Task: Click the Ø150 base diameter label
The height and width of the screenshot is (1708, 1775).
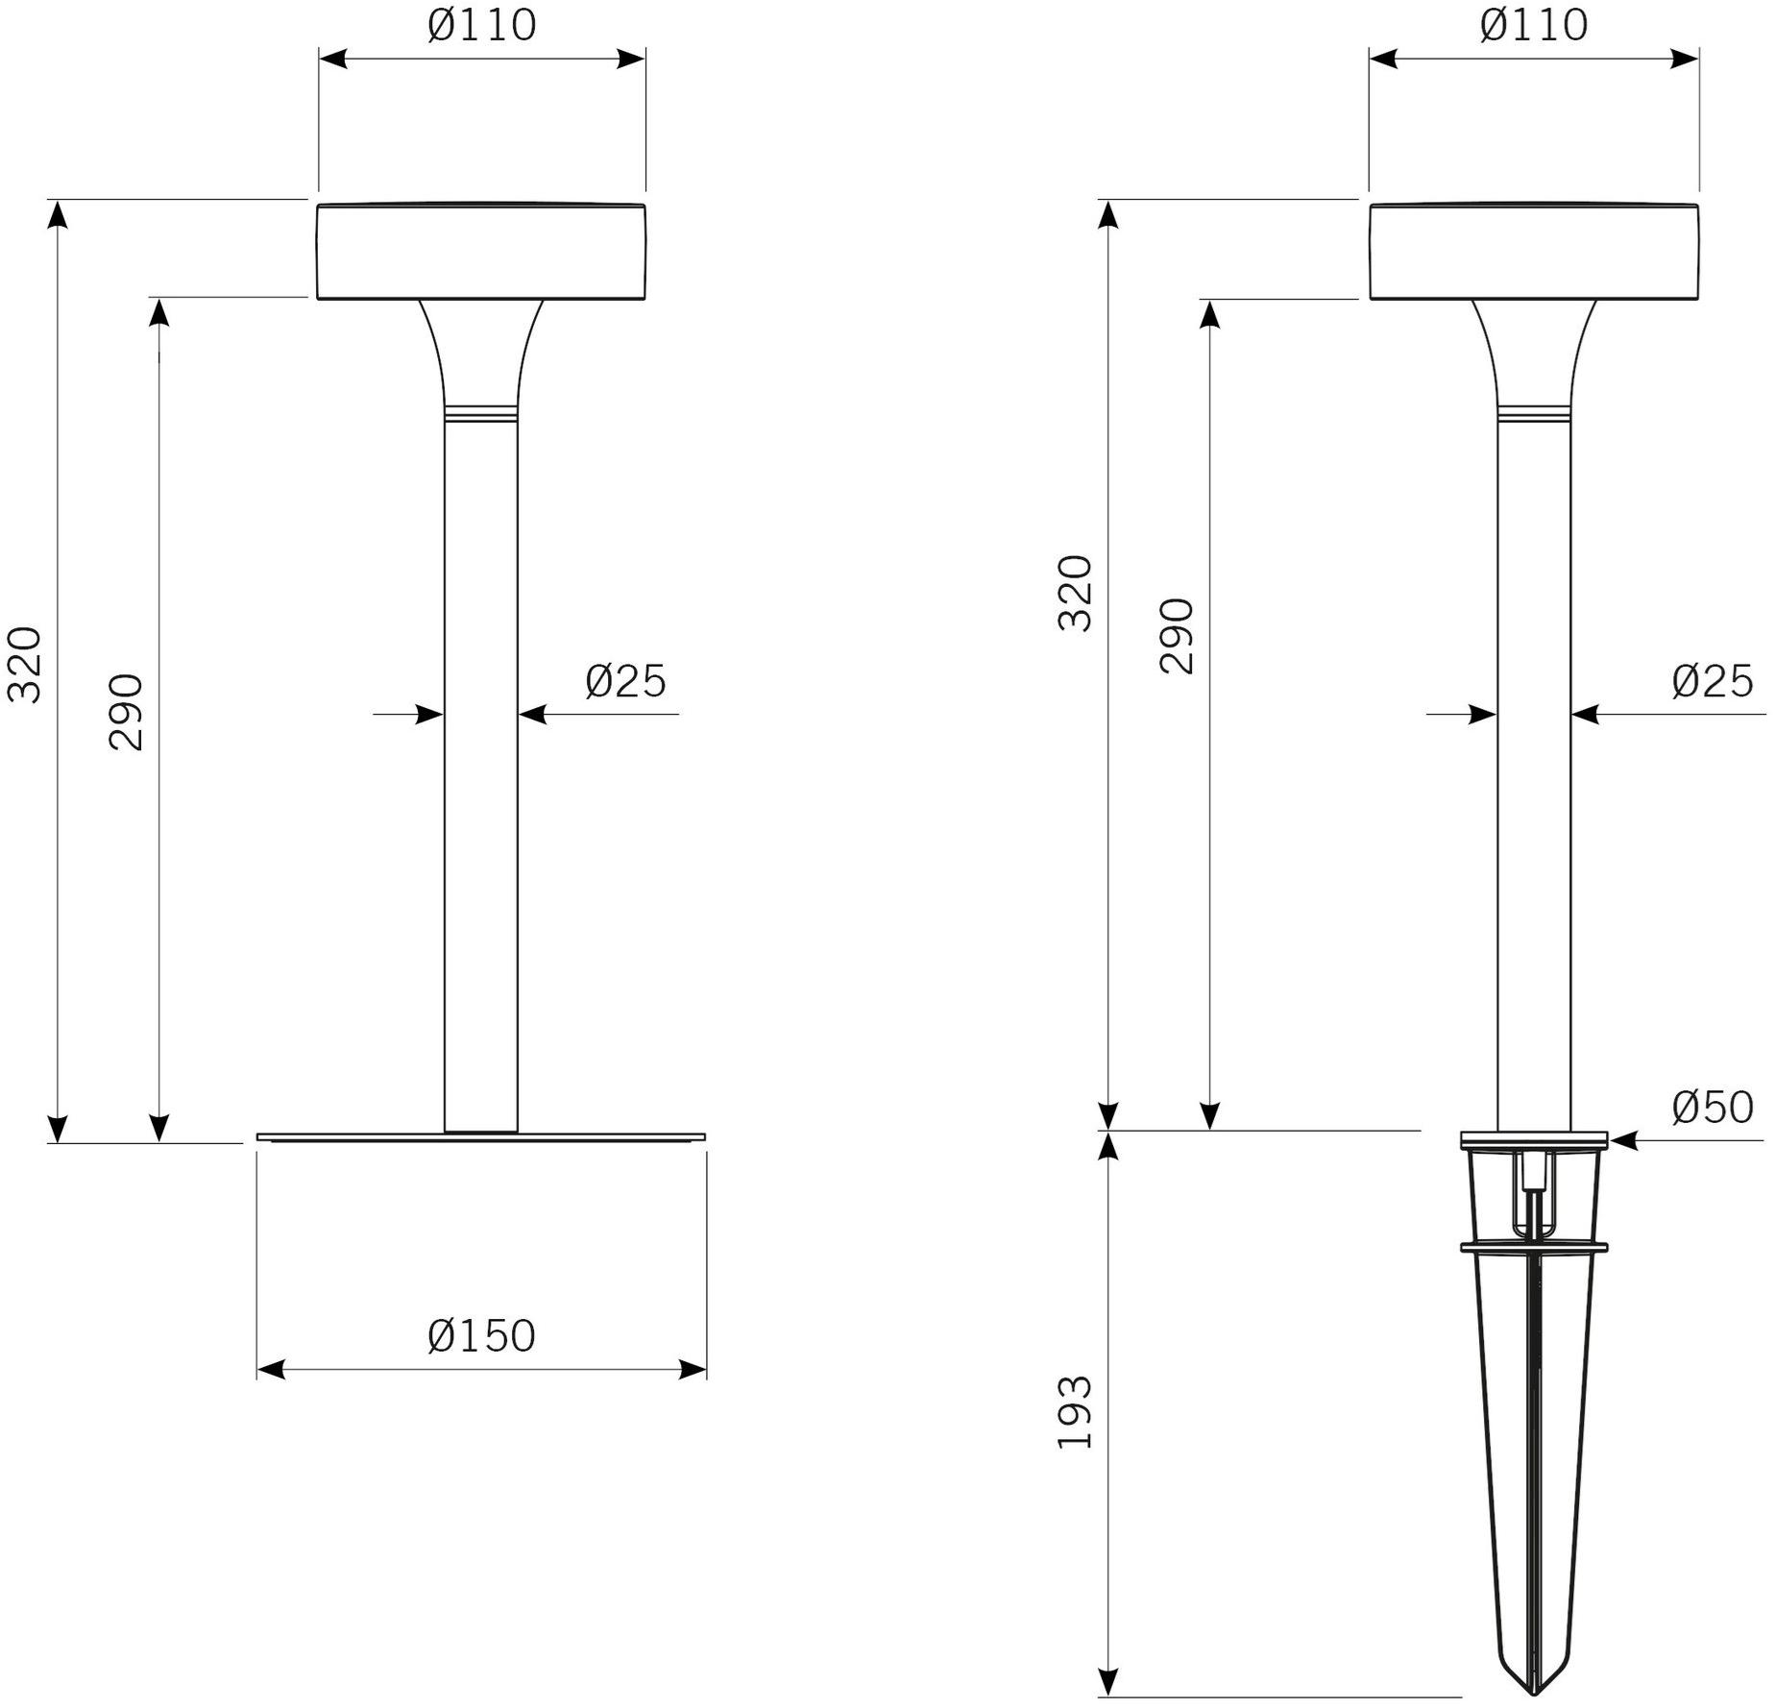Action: (481, 1336)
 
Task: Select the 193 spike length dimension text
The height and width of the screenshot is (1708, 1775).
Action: (1075, 1412)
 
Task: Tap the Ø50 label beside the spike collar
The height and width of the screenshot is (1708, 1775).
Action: (1713, 1108)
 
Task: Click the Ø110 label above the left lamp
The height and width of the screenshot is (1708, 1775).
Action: (481, 25)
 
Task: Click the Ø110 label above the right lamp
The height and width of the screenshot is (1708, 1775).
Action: (1534, 25)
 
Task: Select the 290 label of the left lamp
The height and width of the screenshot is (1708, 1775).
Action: (126, 712)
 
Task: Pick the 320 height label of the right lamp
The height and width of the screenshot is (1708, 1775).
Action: (1075, 593)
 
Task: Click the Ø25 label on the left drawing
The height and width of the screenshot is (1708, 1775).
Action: (625, 681)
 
